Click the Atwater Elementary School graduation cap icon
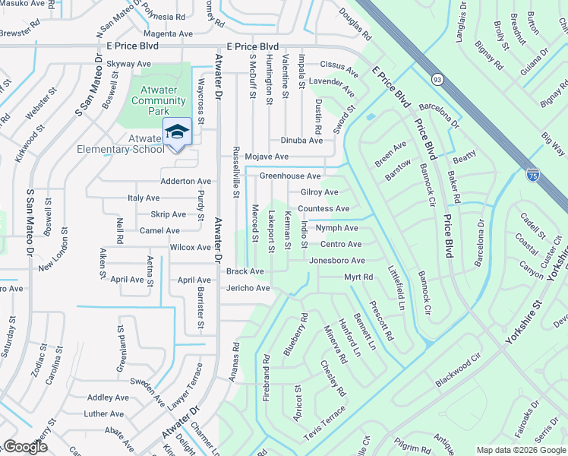coord(178,131)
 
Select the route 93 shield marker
coord(437,79)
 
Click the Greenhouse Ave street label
coord(290,176)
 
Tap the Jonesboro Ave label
coord(337,261)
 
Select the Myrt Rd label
coord(358,277)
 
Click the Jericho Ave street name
coord(248,288)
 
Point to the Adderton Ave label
coord(185,182)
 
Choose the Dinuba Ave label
coord(301,140)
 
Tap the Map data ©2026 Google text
coord(521,450)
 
